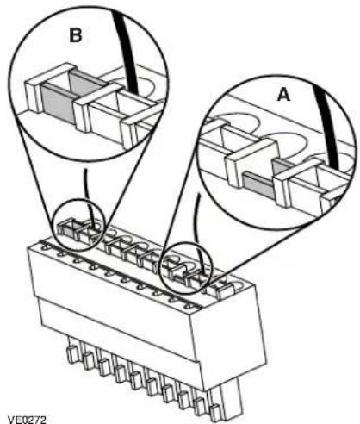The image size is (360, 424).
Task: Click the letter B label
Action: click(76, 36)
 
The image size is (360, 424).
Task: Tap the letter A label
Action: click(284, 95)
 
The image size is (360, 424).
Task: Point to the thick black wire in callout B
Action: click(127, 50)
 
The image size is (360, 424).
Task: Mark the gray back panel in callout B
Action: click(84, 84)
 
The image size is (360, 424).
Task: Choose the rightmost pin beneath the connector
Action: click(214, 412)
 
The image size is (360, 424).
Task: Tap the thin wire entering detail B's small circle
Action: click(87, 196)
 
